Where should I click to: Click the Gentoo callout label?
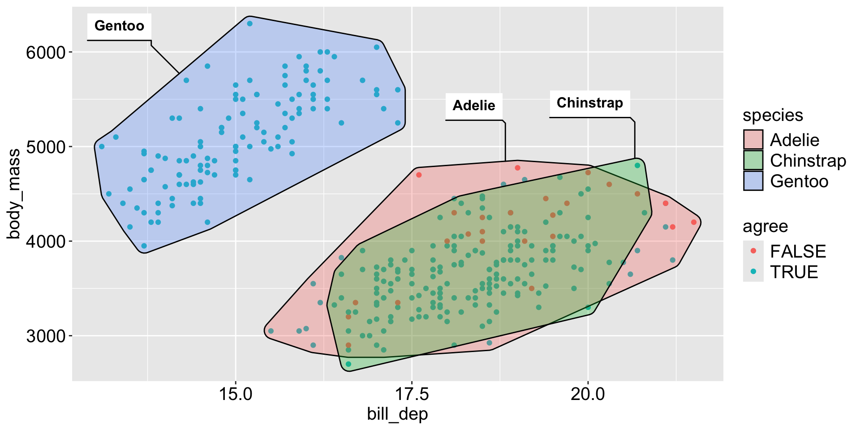119,26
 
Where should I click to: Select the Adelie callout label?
474,106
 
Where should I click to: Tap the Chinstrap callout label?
589,103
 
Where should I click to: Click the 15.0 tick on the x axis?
236,394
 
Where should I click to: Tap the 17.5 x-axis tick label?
412,394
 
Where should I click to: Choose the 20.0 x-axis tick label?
588,394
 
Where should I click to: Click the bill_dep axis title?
397,414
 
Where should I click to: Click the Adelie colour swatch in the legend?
753,140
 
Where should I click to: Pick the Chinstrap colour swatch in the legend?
753,160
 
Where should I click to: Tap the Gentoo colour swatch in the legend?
753,181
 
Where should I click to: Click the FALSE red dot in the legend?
753,251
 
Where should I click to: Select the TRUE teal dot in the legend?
753,271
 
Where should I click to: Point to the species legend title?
773,116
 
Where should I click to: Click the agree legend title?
765,227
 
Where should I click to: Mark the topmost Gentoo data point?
250,24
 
